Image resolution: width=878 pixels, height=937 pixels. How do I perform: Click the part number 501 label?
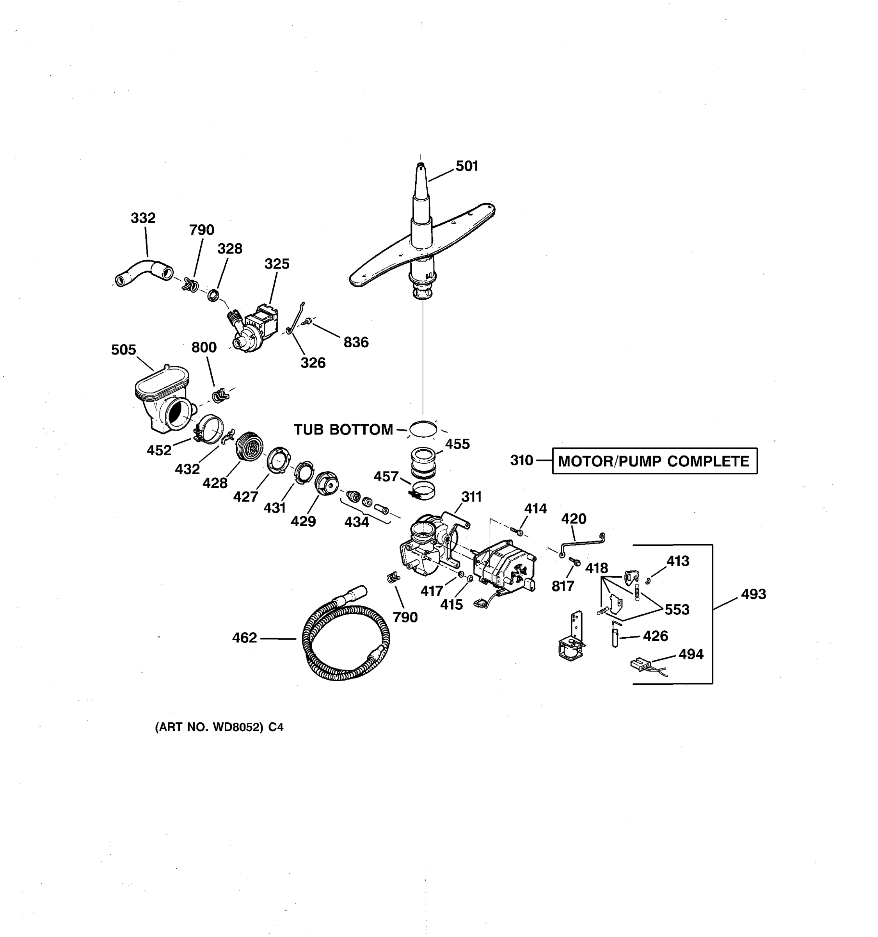tap(466, 166)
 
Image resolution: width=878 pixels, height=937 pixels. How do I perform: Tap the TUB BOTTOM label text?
tap(343, 429)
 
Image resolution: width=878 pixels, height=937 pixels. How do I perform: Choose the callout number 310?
tap(521, 460)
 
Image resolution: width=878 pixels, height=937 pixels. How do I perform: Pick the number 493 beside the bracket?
tap(753, 594)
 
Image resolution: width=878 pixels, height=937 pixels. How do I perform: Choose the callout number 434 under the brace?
tap(357, 522)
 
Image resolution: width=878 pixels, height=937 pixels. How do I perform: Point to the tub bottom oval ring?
tap(423, 429)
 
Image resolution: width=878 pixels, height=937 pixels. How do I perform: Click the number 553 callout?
tap(677, 609)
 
